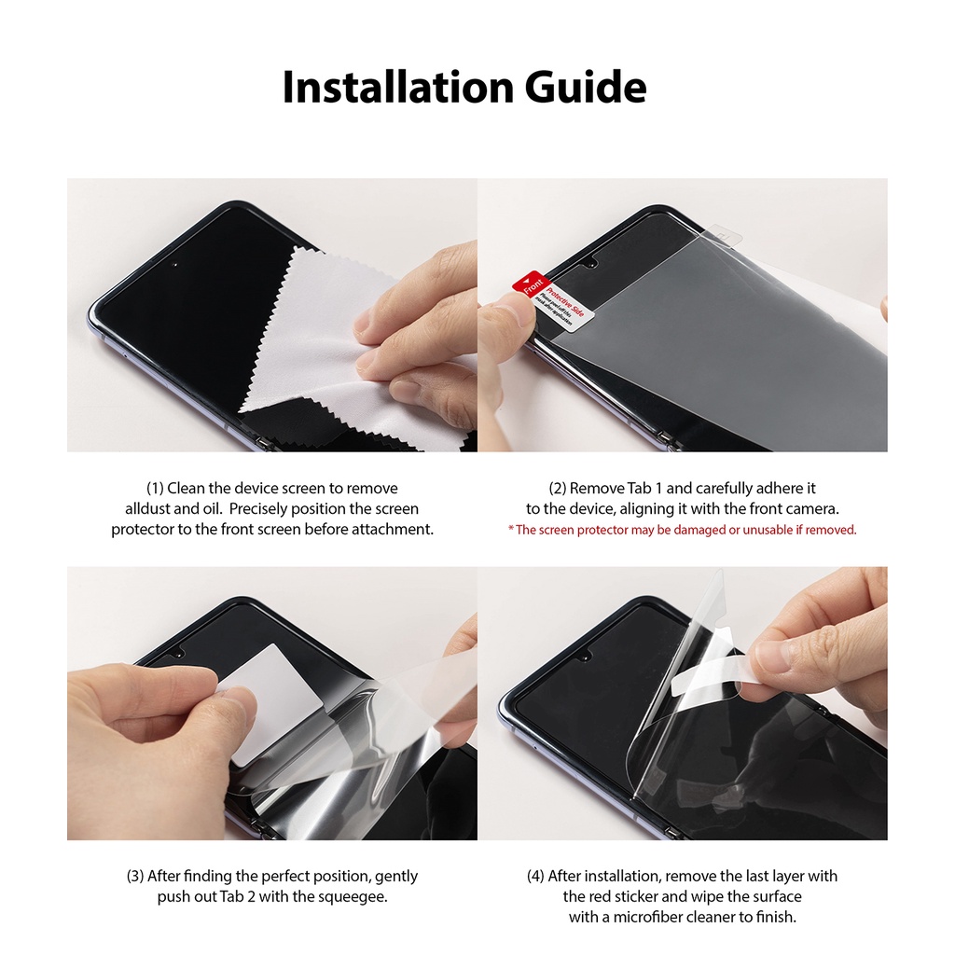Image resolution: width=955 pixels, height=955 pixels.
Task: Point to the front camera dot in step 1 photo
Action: tap(175, 264)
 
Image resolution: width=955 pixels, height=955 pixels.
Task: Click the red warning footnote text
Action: tap(682, 530)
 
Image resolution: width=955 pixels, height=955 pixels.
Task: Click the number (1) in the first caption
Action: tap(155, 489)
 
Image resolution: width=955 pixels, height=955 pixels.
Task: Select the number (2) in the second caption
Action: tap(558, 489)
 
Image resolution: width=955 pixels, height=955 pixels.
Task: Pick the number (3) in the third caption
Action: tap(135, 877)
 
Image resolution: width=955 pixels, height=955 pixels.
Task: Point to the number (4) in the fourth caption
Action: tap(535, 877)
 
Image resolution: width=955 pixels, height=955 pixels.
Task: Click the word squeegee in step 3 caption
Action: tap(355, 897)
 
